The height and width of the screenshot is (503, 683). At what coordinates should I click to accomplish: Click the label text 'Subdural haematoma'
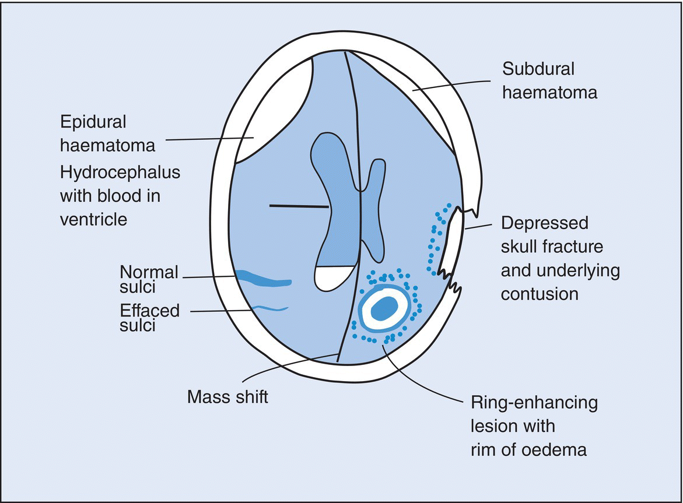(x=549, y=80)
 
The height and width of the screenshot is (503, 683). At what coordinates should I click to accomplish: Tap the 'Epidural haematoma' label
(x=108, y=133)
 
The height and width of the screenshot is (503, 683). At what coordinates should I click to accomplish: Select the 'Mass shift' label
(x=227, y=397)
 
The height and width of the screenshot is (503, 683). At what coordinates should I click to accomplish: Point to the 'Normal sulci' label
(x=149, y=279)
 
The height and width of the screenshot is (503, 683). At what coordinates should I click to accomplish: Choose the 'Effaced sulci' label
(x=149, y=317)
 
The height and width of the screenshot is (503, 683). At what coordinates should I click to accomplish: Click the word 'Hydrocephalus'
(x=120, y=173)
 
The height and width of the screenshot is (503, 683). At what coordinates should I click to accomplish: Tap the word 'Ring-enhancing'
(x=534, y=403)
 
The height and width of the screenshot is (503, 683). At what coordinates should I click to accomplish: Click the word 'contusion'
(x=540, y=293)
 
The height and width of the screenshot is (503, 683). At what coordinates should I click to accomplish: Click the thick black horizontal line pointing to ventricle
(x=299, y=206)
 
